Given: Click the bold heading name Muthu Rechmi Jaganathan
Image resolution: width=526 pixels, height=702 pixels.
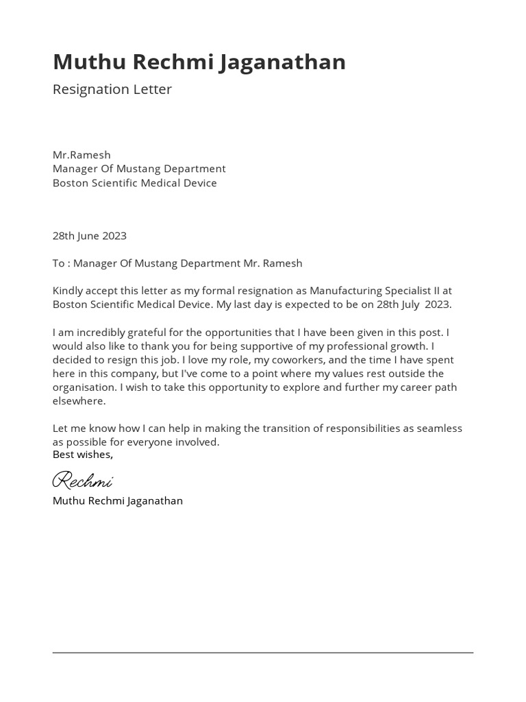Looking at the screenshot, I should [x=199, y=62].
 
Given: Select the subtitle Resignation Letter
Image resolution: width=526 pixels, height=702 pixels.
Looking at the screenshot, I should [x=112, y=89].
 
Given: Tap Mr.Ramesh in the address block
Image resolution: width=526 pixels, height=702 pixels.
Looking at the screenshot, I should [x=82, y=155].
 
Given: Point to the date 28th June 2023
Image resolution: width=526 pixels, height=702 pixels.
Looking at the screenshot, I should [x=89, y=236].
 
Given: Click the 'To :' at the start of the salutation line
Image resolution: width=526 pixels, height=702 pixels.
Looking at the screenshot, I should [x=61, y=263].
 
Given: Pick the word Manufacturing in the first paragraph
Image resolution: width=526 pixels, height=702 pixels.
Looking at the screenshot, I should [x=343, y=291].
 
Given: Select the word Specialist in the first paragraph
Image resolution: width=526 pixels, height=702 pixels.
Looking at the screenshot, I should [x=405, y=291].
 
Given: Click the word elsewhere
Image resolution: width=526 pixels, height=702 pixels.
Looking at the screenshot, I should [x=79, y=401].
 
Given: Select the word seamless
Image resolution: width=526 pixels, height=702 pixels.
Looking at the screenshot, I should [x=436, y=428].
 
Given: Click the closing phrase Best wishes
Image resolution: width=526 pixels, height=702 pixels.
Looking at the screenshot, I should [x=82, y=455].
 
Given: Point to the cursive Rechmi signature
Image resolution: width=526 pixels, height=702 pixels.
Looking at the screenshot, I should [x=82, y=479].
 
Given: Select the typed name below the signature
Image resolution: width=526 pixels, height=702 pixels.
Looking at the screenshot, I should [x=117, y=501].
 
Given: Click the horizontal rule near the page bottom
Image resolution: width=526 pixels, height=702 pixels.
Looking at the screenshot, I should [x=263, y=653].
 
